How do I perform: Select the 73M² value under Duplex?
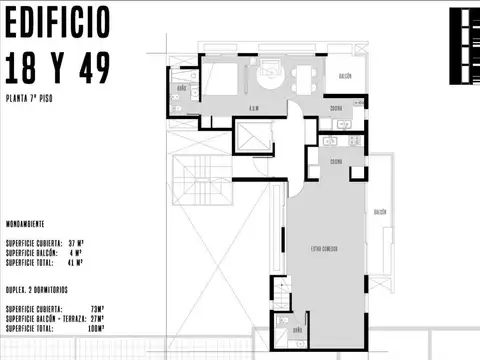(x=96, y=309)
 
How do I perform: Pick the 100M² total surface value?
(x=95, y=327)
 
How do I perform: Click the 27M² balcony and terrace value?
(x=96, y=318)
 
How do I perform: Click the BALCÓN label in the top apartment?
(x=343, y=76)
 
